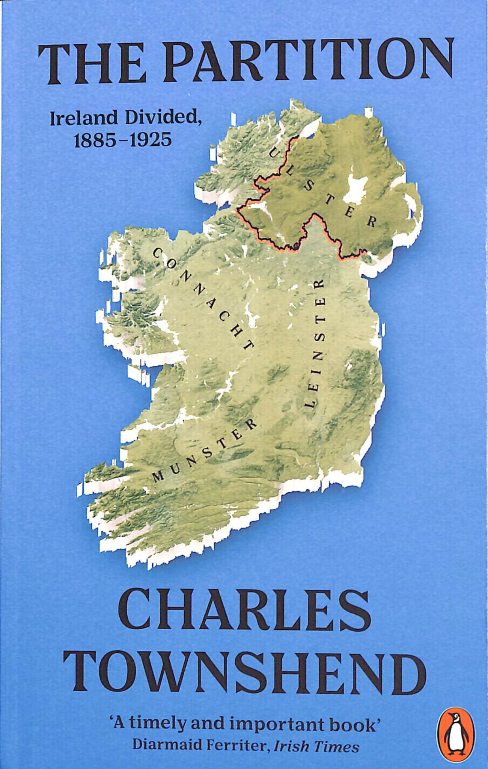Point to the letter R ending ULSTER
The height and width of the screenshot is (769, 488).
pos(371,223)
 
